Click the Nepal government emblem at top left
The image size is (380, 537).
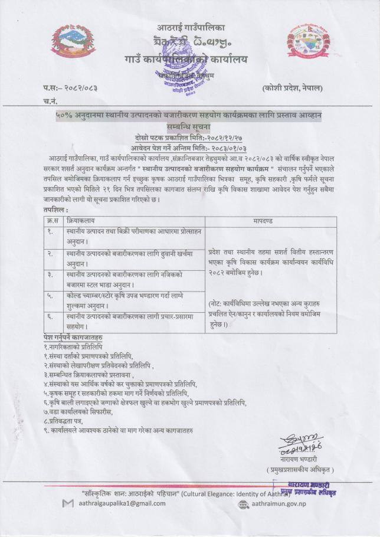point(70,42)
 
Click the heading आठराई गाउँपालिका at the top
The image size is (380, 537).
point(191,28)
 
